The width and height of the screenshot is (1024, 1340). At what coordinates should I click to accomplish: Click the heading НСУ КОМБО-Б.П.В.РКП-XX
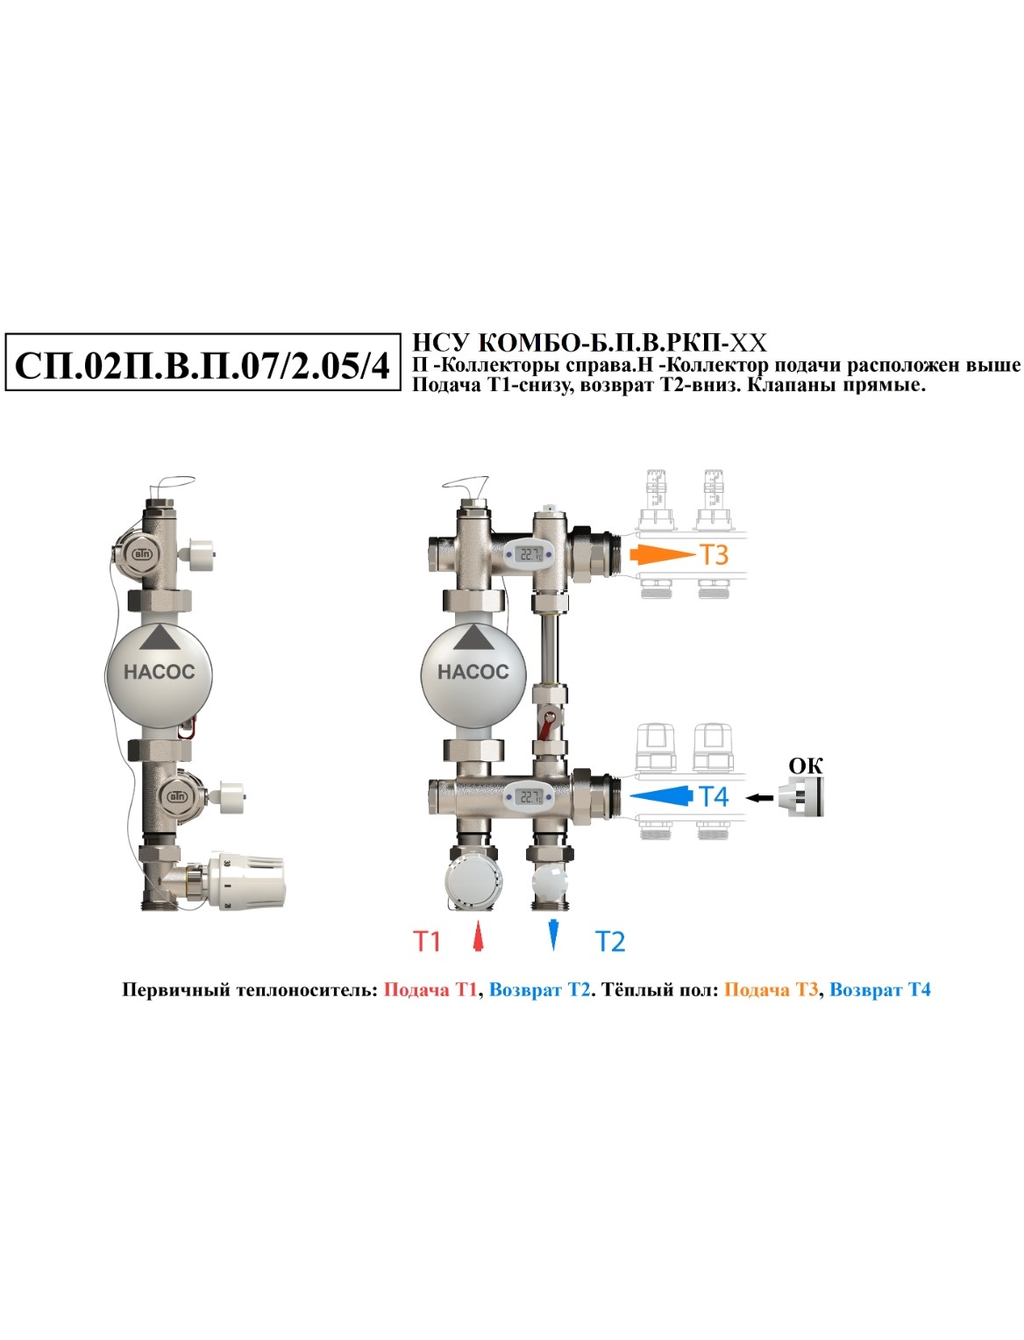click(x=589, y=343)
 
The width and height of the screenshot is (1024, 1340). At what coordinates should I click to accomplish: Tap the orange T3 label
click(x=714, y=555)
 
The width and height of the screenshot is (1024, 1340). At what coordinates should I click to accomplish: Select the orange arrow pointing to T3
click(x=662, y=555)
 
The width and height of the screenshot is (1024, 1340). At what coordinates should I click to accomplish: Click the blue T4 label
click(x=714, y=796)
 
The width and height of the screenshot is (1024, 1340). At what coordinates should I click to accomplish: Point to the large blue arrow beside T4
click(x=662, y=796)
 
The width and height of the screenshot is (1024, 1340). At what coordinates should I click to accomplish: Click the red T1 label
click(x=427, y=941)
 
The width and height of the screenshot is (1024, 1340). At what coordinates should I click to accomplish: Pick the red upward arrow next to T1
click(x=479, y=936)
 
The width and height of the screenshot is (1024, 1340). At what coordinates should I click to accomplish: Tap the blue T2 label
click(x=610, y=941)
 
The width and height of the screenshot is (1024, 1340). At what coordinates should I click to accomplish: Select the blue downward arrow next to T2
click(x=553, y=935)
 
